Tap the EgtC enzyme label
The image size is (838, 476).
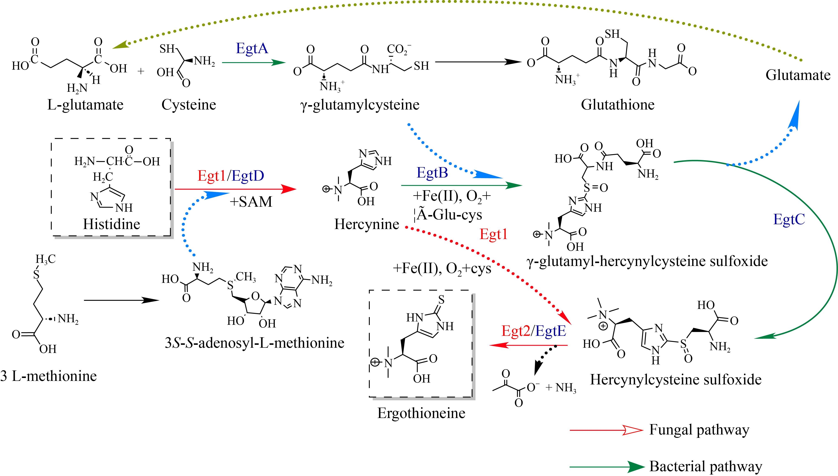click(789, 219)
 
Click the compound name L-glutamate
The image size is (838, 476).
click(85, 105)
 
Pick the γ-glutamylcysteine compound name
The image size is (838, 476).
click(360, 105)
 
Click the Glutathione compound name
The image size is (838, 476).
click(618, 105)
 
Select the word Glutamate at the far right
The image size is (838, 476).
click(798, 75)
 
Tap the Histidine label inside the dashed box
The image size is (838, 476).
click(111, 224)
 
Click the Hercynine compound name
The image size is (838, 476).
click(367, 224)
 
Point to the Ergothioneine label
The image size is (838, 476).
click(421, 413)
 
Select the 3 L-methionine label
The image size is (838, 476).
click(48, 376)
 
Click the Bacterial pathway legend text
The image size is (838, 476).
click(706, 467)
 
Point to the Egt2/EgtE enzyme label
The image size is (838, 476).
click(534, 331)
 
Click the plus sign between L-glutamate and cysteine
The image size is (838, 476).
click(141, 71)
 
